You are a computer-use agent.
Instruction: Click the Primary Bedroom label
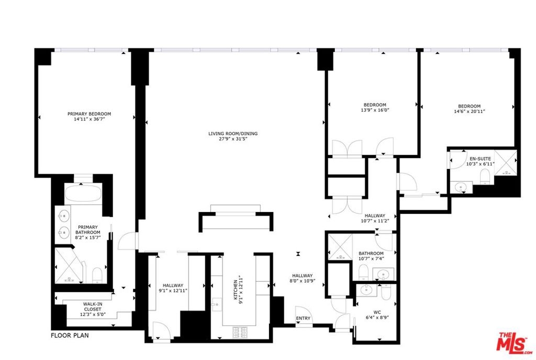click(89, 114)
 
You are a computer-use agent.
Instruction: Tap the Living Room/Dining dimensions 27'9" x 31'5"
click(233, 139)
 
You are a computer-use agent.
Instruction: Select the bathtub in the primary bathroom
click(83, 193)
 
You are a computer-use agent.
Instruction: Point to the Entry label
click(303, 318)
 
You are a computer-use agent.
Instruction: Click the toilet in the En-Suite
click(485, 176)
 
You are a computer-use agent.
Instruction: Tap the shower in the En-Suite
click(505, 163)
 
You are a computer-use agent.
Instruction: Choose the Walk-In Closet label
click(93, 307)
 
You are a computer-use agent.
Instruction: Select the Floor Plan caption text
click(70, 335)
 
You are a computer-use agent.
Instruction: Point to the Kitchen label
click(236, 290)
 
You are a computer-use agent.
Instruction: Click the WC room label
click(377, 312)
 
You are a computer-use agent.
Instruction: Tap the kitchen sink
click(216, 305)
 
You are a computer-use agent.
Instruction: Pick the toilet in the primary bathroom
click(97, 275)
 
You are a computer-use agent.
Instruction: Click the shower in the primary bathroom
click(69, 266)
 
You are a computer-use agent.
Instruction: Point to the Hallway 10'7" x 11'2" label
click(375, 218)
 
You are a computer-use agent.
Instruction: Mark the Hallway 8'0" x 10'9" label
click(302, 278)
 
